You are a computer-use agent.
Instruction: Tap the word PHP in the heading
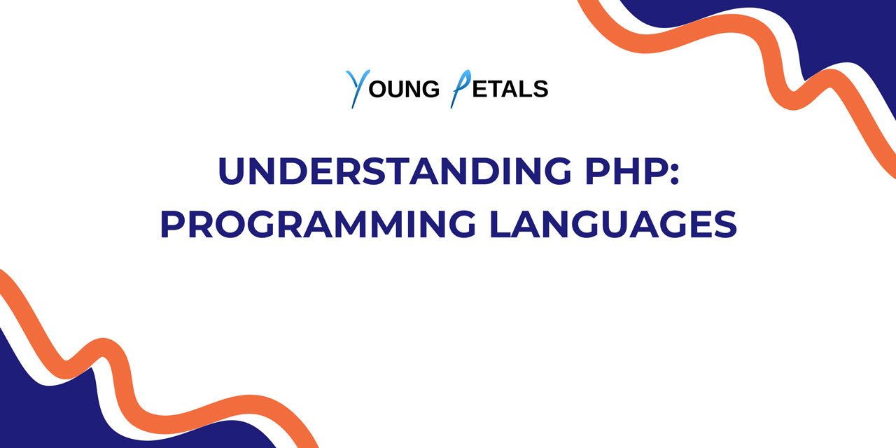pos(625,171)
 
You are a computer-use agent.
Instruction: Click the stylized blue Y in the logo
pos(356,88)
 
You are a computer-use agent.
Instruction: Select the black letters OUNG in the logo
pos(403,90)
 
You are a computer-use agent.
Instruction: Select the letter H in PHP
pos(625,171)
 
